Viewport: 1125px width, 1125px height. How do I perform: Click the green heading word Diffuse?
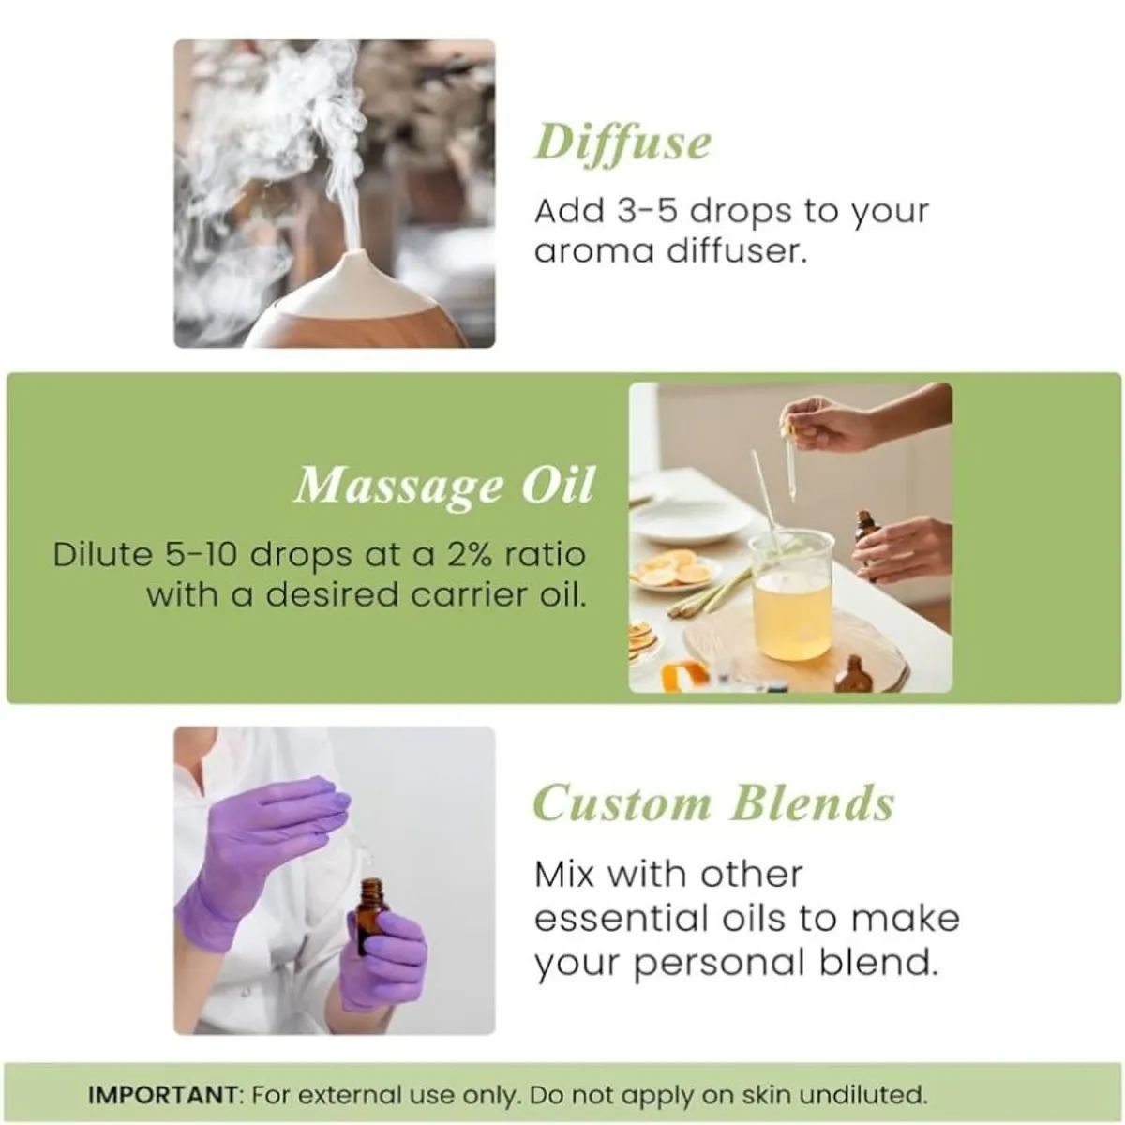[622, 143]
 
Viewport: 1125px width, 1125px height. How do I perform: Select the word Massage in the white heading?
[397, 486]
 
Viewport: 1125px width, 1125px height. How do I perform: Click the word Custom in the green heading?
[622, 803]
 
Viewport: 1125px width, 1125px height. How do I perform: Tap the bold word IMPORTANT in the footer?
[163, 1094]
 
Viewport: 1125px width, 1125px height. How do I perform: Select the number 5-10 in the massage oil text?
[200, 554]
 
